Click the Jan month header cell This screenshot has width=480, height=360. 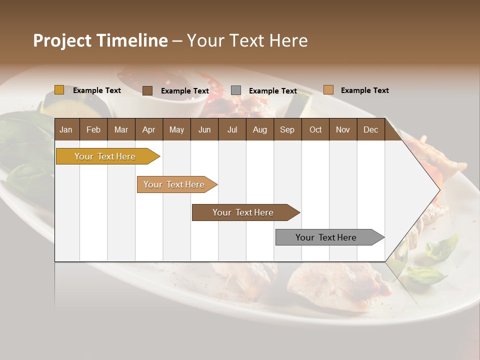click(66, 129)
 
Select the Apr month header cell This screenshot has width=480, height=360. click(148, 129)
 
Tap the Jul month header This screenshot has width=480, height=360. click(232, 129)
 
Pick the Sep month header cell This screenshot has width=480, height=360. click(287, 129)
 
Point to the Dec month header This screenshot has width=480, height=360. click(370, 129)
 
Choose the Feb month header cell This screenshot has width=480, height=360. click(93, 129)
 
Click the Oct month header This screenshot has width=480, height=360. click(315, 129)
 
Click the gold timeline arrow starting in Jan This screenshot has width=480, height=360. click(105, 156)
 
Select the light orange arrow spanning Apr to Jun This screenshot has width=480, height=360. click(174, 184)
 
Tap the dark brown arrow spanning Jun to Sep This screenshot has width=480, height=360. click(243, 212)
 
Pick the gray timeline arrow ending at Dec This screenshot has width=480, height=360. click(326, 237)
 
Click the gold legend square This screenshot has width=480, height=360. click(59, 90)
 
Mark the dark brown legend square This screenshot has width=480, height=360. click(147, 90)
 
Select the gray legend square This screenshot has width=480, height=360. click(236, 90)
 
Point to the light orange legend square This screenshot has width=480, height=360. click(328, 90)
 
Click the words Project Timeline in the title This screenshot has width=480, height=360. click(100, 40)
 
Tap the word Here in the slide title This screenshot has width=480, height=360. click(288, 40)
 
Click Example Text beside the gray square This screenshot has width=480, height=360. click(272, 91)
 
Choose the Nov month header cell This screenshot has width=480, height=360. click(343, 129)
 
